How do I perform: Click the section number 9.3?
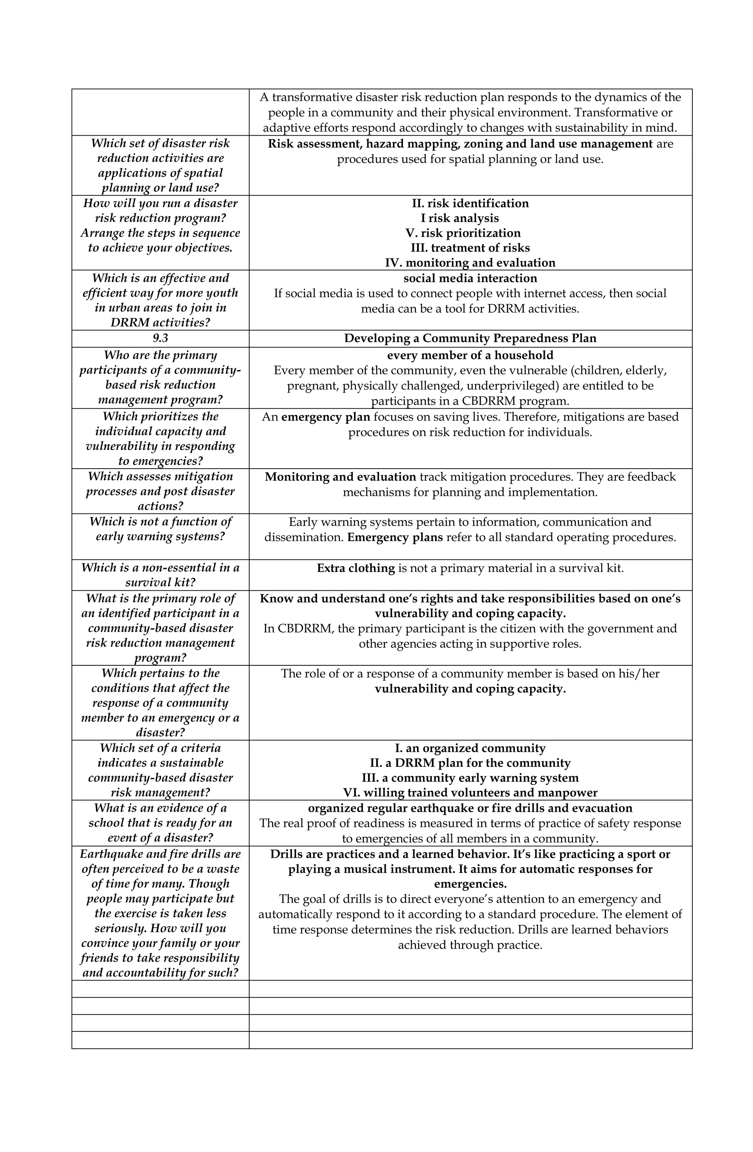(160, 338)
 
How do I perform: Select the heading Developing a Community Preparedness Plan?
(470, 338)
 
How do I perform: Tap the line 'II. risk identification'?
(470, 203)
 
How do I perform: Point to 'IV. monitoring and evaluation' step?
(470, 263)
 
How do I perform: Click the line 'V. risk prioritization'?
(463, 233)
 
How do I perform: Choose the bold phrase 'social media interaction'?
(470, 278)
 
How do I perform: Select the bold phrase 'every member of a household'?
(470, 355)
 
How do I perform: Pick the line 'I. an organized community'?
(470, 748)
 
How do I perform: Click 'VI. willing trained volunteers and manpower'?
(470, 793)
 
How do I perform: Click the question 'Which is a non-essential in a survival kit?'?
(160, 575)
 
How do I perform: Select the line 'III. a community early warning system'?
(470, 778)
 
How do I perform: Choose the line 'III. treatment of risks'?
(470, 248)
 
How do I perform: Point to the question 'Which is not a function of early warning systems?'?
(160, 529)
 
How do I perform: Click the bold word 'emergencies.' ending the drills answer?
(470, 884)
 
